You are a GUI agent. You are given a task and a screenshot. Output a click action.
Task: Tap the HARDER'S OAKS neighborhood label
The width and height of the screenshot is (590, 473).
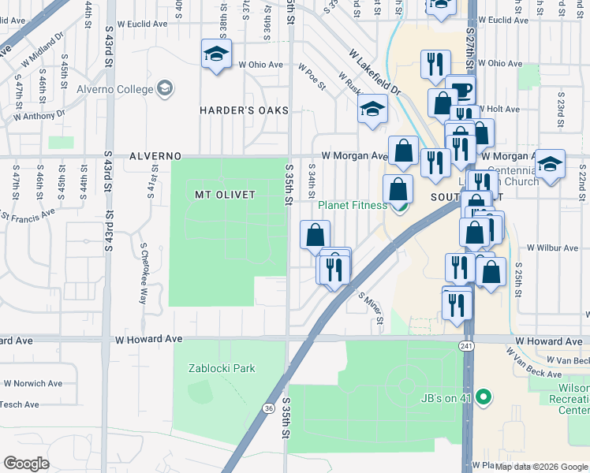[x=244, y=110]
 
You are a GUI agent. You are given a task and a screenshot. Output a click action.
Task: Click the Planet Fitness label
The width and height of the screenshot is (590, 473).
[x=352, y=206]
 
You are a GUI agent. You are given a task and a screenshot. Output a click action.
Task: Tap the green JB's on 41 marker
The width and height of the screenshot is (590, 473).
[x=486, y=397]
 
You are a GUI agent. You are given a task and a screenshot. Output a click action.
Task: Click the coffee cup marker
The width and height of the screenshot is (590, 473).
[x=460, y=89]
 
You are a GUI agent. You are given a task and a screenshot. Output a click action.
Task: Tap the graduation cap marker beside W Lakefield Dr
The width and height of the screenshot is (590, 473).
[x=373, y=109]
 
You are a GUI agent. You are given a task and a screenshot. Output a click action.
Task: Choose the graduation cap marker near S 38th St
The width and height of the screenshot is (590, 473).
[x=215, y=54]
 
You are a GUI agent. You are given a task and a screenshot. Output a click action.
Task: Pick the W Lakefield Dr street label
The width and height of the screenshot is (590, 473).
[x=376, y=75]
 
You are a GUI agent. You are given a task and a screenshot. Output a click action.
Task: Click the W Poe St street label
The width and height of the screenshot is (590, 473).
[x=312, y=77]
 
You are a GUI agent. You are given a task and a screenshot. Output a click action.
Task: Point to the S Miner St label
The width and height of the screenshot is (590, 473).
[x=371, y=308]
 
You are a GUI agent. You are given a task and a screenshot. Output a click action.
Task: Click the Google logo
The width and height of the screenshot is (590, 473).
[x=28, y=463]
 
